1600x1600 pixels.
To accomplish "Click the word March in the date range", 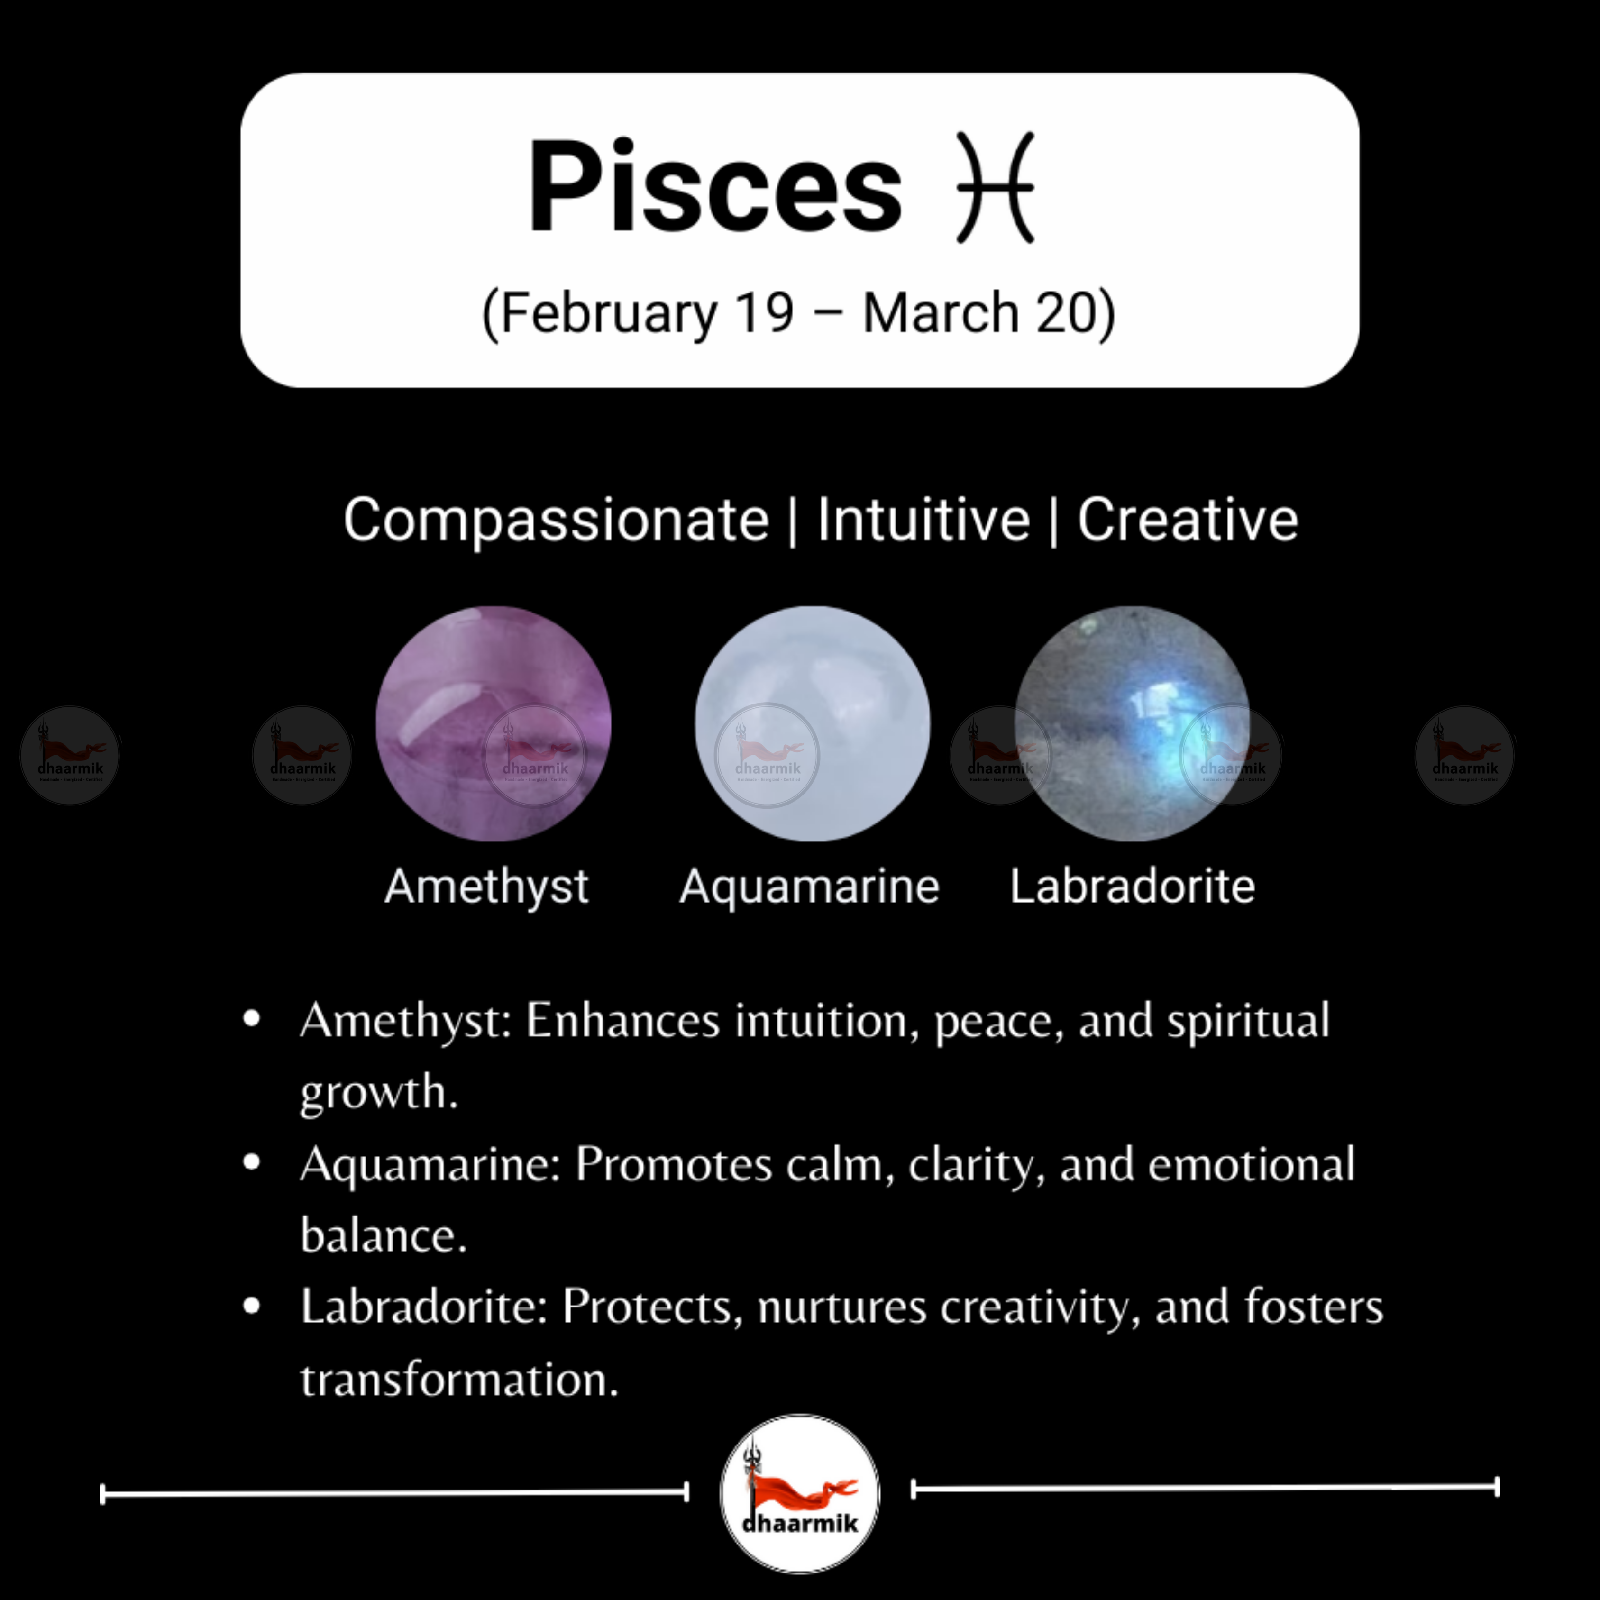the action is click(940, 313).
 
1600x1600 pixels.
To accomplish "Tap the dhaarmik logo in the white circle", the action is click(800, 1493).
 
